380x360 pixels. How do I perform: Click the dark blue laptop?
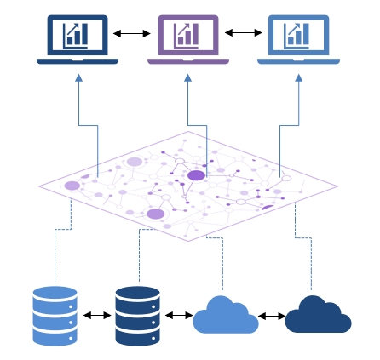pos(78,39)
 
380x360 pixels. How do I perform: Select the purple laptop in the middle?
pos(187,39)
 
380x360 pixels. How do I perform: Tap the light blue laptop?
pos(298,39)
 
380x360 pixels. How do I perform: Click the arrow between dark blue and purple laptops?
pos(132,34)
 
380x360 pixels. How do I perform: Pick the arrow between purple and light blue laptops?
pos(244,34)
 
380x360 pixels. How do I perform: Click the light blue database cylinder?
pos(55,315)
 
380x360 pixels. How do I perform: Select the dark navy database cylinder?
pos(137,315)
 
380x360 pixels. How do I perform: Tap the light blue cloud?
pos(225,317)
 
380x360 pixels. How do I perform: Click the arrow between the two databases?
pos(96,315)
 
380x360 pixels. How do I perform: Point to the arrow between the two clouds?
pos(272,316)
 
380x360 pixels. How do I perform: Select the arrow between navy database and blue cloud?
pos(179,315)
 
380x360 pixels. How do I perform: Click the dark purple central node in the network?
pos(196,175)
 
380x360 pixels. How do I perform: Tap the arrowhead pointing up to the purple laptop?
pos(187,77)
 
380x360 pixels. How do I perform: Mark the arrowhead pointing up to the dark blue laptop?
pos(78,77)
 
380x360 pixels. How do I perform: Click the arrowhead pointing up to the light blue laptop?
pos(298,77)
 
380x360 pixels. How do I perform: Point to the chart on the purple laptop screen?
pos(187,35)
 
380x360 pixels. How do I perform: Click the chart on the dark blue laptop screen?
pos(77,35)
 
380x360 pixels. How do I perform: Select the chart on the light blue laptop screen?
pos(298,35)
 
